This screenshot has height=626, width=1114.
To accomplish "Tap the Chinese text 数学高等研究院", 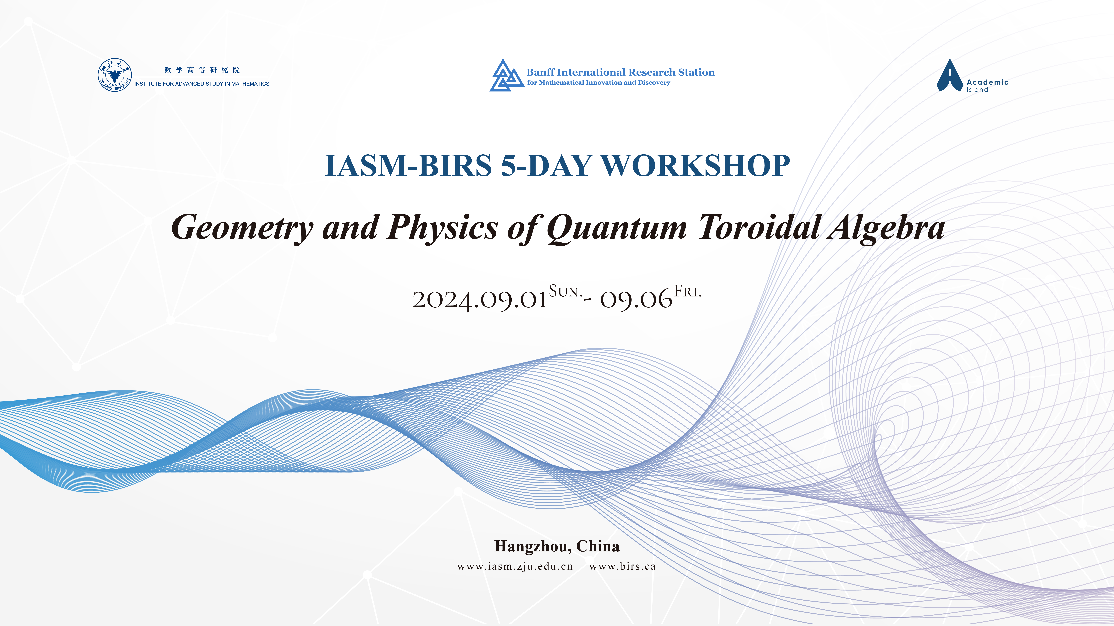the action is coord(202,70).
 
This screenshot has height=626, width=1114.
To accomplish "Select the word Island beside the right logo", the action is coord(977,90).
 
